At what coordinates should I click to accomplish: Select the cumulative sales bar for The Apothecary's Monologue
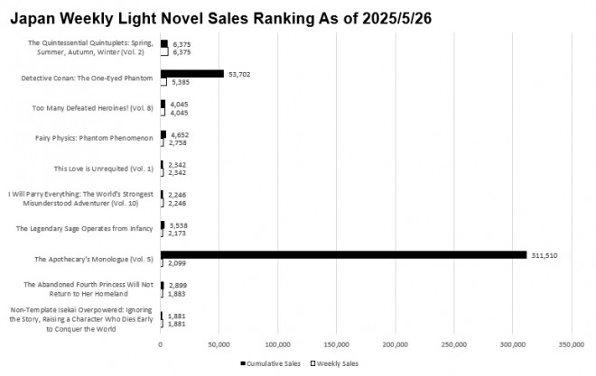343,255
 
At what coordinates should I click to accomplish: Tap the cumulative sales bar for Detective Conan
191,73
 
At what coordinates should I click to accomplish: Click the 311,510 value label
545,255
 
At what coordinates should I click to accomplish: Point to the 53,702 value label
239,73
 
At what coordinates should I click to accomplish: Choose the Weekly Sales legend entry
338,362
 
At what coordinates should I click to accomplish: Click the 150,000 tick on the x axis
337,344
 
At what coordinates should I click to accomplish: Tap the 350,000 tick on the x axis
572,344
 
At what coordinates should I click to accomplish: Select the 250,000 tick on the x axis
454,344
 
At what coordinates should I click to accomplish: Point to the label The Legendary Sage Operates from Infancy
85,228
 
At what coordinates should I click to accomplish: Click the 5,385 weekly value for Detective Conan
179,82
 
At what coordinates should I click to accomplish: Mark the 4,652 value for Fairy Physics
180,134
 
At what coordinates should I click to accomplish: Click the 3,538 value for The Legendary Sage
180,225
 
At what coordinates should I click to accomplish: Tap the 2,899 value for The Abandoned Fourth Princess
179,285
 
